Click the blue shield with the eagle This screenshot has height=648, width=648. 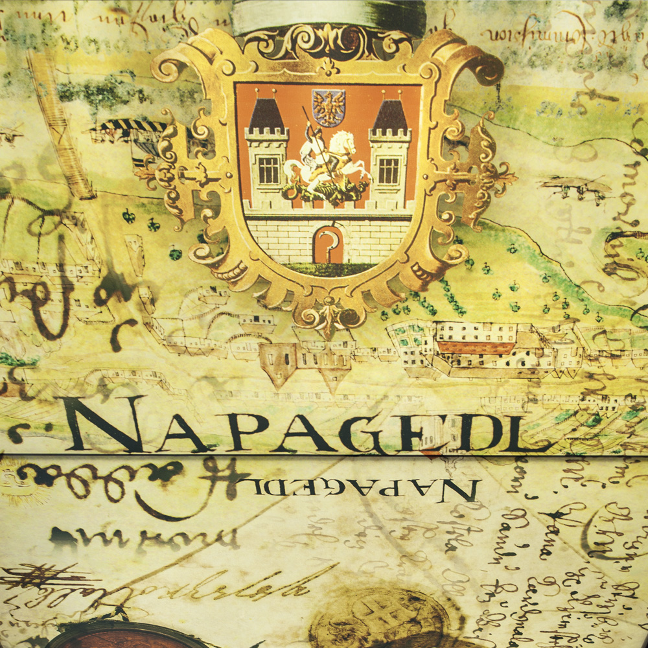coord(329,107)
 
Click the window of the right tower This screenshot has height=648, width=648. coord(389,170)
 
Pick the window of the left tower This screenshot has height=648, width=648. coord(268,170)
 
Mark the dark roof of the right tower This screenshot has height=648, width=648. coord(390,115)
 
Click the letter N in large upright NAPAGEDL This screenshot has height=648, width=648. coord(104,424)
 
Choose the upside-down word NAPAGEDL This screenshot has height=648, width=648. coord(364,487)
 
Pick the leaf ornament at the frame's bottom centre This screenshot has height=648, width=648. coord(329,314)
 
